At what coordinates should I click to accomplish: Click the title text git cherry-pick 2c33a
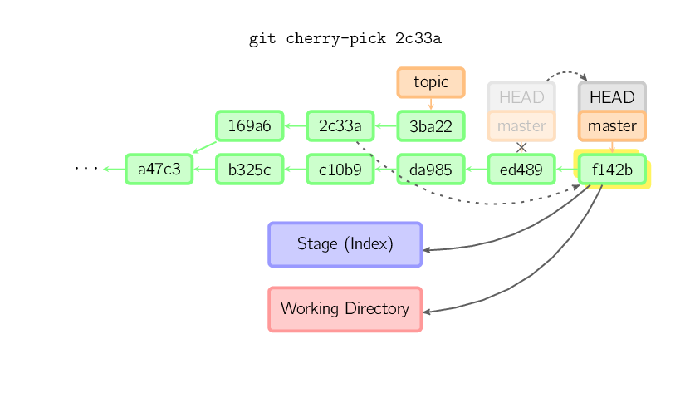point(345,39)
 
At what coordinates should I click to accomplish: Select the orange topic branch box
point(430,82)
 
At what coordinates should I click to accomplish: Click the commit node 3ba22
point(430,126)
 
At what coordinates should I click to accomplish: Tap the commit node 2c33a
point(340,126)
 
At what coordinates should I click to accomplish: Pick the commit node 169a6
point(249,126)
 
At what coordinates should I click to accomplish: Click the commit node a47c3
point(159,170)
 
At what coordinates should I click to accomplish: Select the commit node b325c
point(249,170)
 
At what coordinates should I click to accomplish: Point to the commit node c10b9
point(340,170)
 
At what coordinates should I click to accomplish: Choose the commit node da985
point(430,170)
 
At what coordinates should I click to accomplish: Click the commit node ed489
point(521,170)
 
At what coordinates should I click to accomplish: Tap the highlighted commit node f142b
point(611,170)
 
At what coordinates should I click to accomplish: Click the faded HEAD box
point(521,96)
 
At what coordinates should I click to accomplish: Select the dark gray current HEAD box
point(611,96)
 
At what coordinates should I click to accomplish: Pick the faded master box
point(521,126)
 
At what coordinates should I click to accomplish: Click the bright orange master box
point(611,126)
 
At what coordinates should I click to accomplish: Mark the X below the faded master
point(521,147)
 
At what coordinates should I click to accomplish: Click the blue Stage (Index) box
point(345,244)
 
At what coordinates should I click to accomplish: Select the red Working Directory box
point(345,309)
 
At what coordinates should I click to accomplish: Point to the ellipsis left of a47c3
point(86,169)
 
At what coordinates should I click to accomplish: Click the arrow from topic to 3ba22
point(430,104)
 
